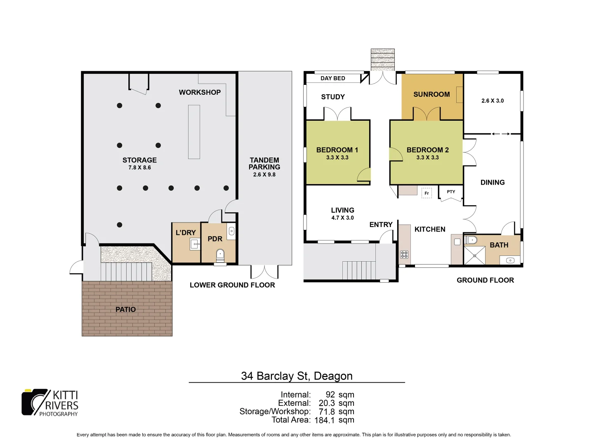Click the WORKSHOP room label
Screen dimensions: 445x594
tap(200, 92)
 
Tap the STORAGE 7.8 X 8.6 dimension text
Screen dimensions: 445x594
tap(139, 168)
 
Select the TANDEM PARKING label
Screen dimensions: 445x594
tap(264, 164)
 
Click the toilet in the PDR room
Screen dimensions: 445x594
tap(220, 255)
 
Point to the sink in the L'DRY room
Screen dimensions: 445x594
tap(195, 244)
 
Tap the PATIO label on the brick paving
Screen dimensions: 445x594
tap(125, 309)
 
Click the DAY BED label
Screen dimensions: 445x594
tap(332, 78)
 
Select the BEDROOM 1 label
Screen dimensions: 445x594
tap(337, 150)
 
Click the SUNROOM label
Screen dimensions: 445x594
tap(431, 94)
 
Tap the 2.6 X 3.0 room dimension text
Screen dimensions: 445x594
tap(493, 101)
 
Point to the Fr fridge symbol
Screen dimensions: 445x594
tap(427, 193)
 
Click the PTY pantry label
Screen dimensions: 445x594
tap(451, 192)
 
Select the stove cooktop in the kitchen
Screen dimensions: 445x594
tap(404, 255)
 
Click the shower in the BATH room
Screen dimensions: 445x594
tap(474, 255)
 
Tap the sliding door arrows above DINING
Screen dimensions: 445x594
tap(500, 133)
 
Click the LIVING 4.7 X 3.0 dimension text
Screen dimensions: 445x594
tap(342, 218)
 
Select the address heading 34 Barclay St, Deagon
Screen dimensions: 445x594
tap(297, 376)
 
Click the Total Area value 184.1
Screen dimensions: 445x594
tap(324, 420)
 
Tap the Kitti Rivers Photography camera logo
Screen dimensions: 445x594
tap(35, 402)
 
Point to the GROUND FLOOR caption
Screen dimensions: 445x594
tap(485, 280)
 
